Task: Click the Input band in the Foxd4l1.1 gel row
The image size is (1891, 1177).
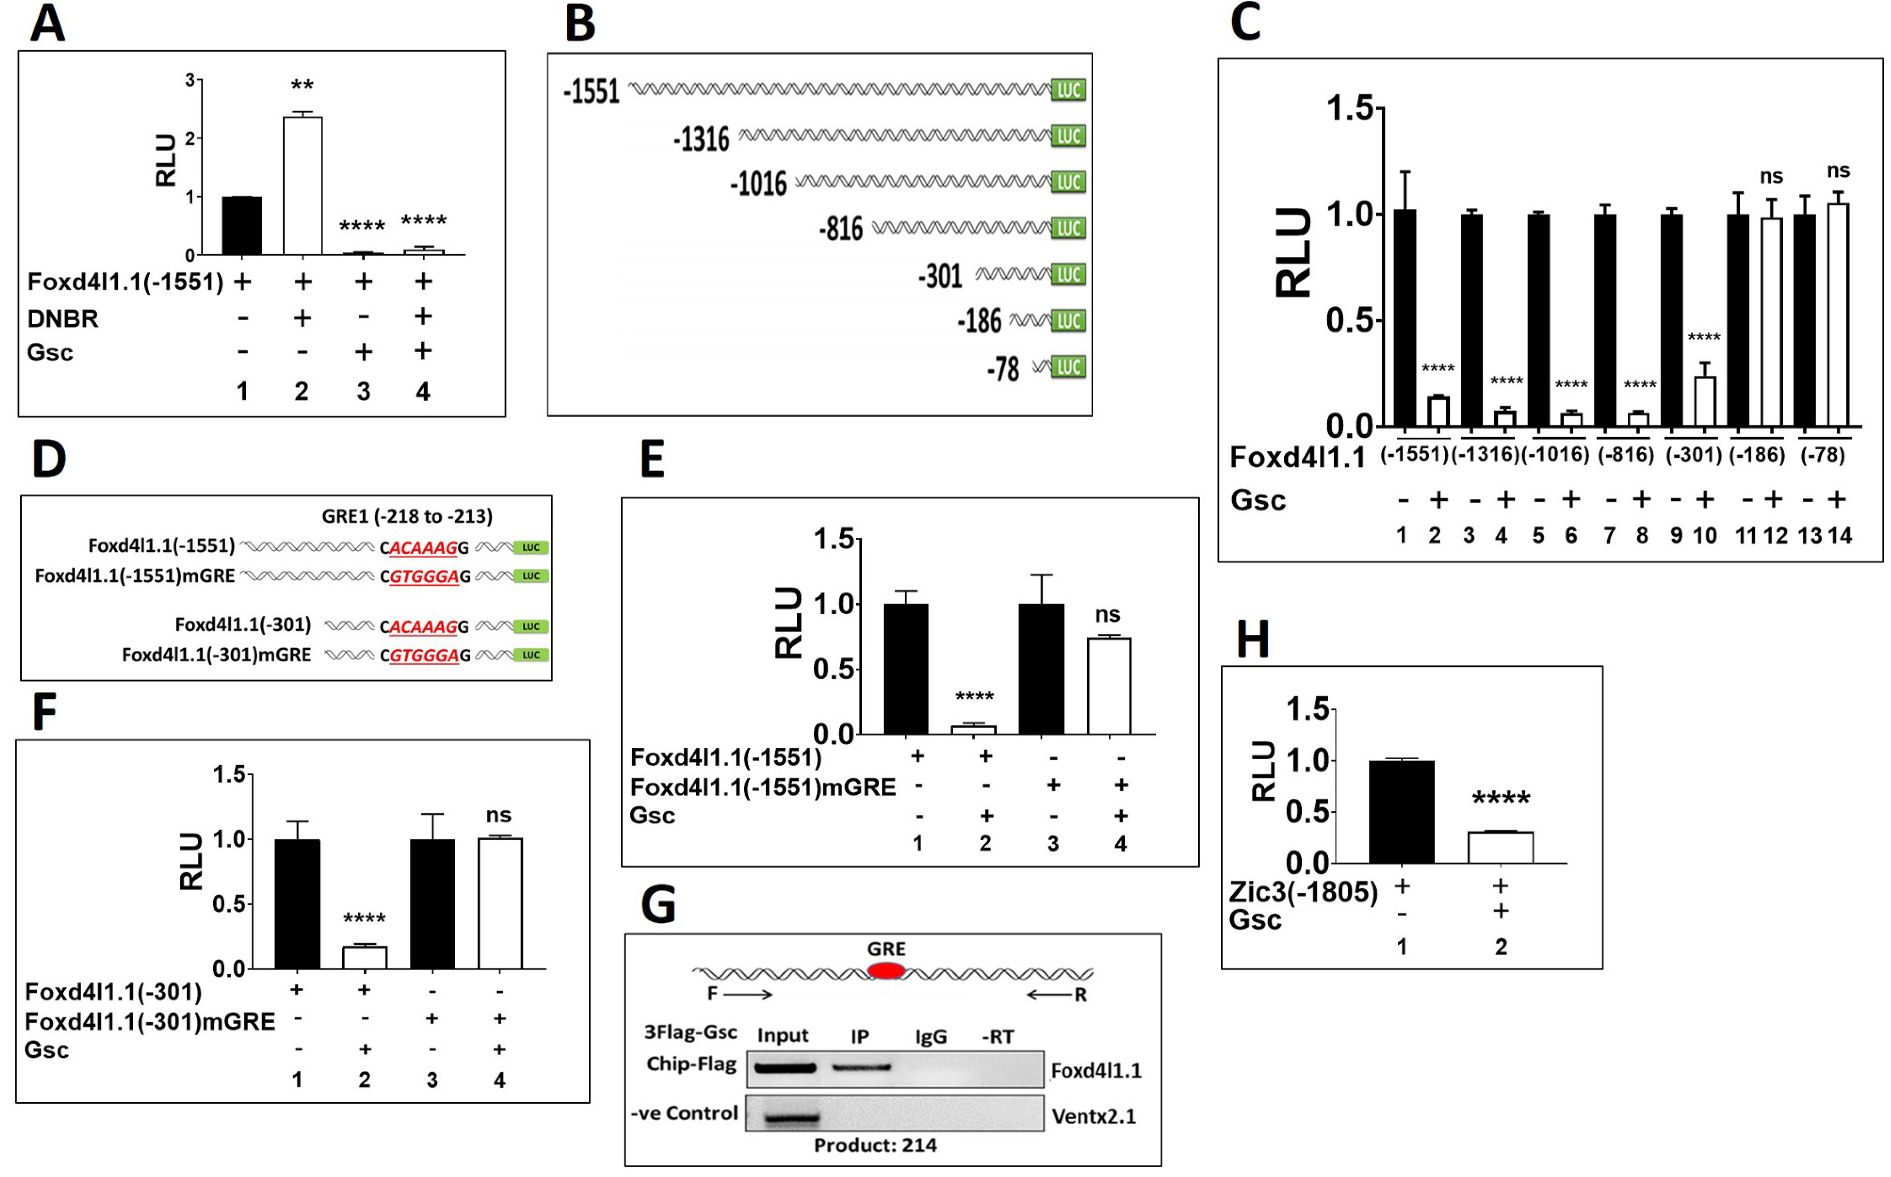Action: point(784,1068)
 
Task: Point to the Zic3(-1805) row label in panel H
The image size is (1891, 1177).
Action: point(1303,892)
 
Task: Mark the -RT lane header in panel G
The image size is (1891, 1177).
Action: point(998,1037)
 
